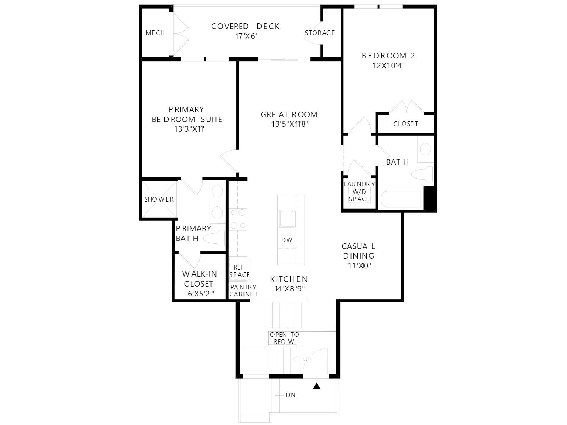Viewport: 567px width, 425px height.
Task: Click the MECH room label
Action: [155, 33]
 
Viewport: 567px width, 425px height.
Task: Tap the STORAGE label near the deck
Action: [320, 33]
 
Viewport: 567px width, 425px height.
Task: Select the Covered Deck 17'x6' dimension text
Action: [247, 36]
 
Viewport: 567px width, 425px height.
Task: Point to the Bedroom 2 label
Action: [388, 56]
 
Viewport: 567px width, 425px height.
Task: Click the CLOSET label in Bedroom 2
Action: [405, 124]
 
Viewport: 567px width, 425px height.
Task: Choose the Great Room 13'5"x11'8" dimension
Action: [290, 124]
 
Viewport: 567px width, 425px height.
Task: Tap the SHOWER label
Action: [159, 199]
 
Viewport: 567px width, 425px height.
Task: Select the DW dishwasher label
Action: [287, 240]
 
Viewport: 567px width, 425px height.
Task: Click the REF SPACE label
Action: [240, 271]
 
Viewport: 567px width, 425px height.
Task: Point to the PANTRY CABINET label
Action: [243, 290]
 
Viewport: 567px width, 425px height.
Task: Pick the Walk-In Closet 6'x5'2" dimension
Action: [201, 294]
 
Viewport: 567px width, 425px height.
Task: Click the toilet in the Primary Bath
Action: [214, 238]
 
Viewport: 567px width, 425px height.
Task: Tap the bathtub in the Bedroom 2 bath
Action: [401, 199]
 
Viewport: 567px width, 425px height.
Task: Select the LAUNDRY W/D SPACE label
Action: [359, 192]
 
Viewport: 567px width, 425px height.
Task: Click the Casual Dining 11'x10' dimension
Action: [359, 266]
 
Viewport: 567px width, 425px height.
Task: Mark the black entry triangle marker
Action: [316, 386]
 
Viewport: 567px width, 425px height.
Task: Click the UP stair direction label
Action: [307, 359]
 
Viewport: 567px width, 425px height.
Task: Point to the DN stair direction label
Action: [291, 395]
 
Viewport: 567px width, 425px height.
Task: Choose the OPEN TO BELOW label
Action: [284, 338]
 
